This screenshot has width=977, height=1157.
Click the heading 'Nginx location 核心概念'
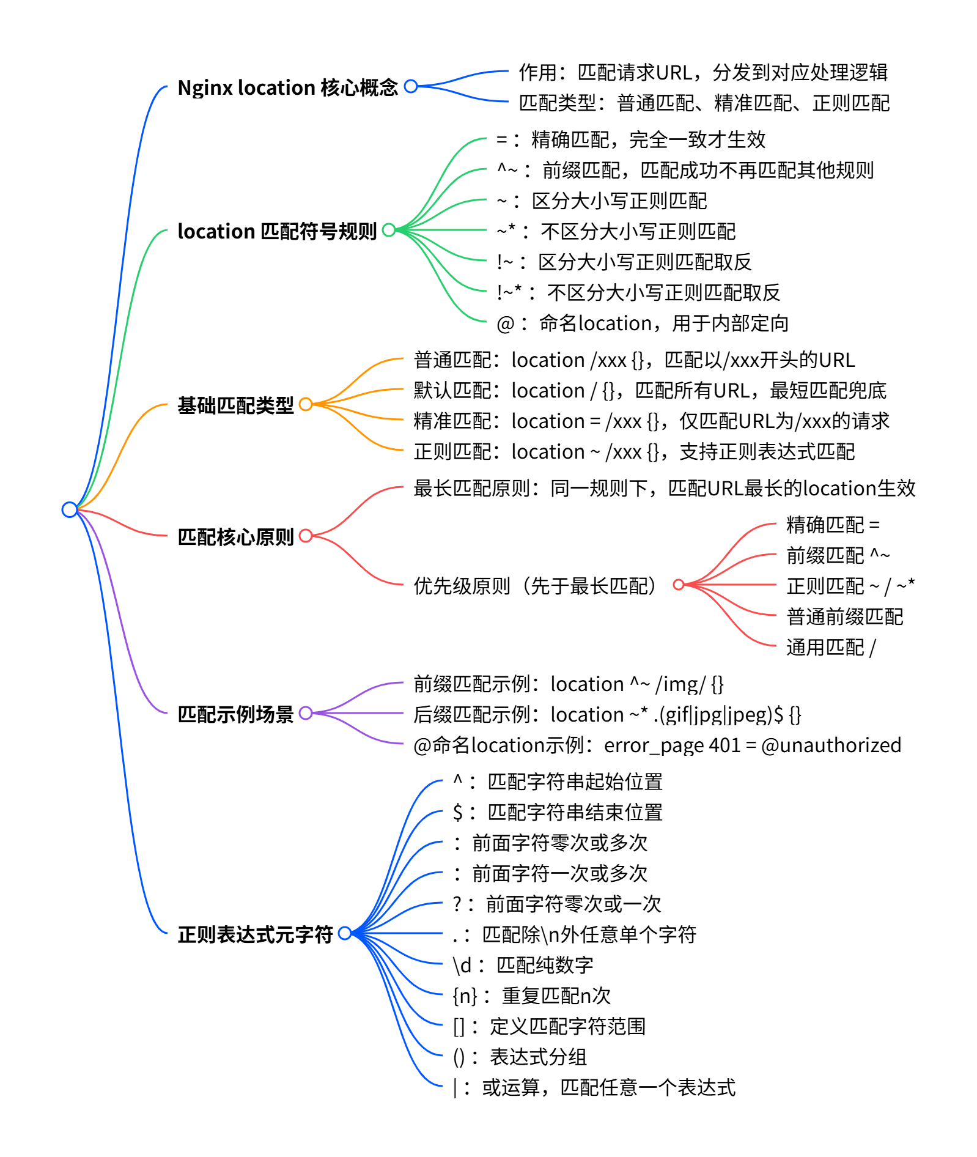point(287,87)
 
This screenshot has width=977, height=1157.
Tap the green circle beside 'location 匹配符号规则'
point(389,230)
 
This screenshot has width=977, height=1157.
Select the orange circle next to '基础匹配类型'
point(306,404)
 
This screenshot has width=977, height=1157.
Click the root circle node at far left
point(70,509)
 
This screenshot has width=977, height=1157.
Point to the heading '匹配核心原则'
point(235,537)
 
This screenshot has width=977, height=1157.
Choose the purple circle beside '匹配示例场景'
point(306,713)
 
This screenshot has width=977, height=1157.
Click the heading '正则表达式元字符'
point(255,934)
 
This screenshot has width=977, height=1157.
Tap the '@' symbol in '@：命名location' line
point(505,323)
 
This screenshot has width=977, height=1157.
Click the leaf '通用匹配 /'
point(830,647)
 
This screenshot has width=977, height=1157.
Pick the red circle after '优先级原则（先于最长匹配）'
point(678,585)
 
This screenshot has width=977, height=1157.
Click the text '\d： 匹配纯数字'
point(523,965)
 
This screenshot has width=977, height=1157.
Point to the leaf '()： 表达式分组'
point(520,1057)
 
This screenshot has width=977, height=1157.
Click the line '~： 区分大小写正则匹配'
point(602,201)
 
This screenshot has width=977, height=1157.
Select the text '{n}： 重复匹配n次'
point(531,996)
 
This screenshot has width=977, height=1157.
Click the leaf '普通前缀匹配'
point(844,616)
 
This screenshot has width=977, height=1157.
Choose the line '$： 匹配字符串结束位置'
point(557,812)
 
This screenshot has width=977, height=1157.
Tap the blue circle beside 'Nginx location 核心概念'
point(411,86)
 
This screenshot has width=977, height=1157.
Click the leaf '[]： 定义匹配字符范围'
point(549,1026)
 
